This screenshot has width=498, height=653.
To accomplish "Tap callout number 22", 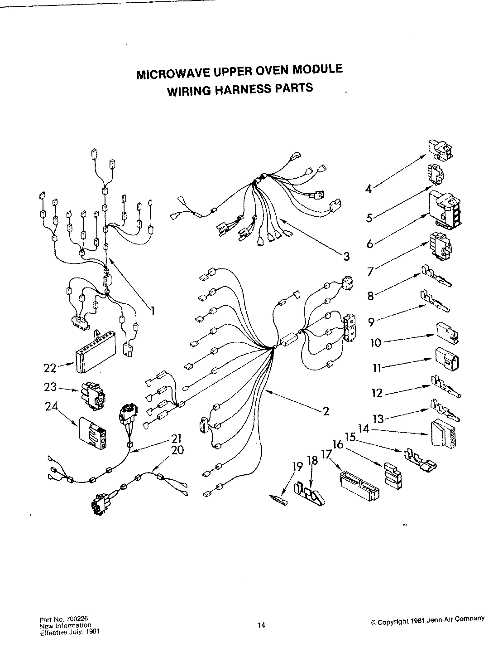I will pyautogui.click(x=50, y=368).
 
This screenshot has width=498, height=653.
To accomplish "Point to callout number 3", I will pyautogui.click(x=346, y=257).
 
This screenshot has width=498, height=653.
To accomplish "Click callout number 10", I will pyautogui.click(x=376, y=342).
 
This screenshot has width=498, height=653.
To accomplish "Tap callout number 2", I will pyautogui.click(x=326, y=411).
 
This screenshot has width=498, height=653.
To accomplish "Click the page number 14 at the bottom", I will pyautogui.click(x=261, y=626).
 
